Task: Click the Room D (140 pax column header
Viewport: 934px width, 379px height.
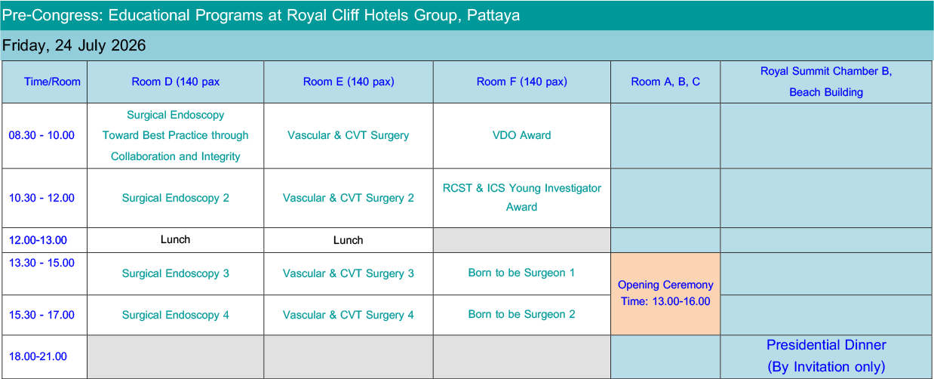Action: click(x=176, y=82)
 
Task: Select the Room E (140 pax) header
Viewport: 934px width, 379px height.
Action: click(x=349, y=82)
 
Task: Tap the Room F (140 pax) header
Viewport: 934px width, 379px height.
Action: click(x=521, y=82)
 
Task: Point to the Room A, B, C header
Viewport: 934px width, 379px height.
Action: click(x=665, y=82)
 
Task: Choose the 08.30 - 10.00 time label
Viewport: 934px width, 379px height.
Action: click(x=41, y=135)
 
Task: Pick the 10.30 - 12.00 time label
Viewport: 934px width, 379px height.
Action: click(x=41, y=198)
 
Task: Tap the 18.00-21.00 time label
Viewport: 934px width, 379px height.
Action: click(x=38, y=356)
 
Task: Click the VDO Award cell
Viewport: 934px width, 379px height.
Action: click(x=521, y=135)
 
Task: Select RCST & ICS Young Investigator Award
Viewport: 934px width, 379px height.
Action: click(x=521, y=198)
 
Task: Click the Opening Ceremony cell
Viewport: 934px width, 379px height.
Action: click(x=665, y=293)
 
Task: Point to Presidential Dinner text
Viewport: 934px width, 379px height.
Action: click(x=826, y=345)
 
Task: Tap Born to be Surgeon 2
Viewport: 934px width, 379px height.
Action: click(x=521, y=314)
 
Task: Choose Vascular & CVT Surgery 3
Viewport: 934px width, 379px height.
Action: click(x=348, y=273)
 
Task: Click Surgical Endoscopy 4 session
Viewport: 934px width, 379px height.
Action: click(x=176, y=315)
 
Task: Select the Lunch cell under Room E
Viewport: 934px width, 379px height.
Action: click(x=348, y=240)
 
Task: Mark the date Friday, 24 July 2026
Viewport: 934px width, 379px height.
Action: click(x=74, y=45)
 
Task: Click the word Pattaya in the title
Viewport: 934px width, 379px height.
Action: click(x=493, y=15)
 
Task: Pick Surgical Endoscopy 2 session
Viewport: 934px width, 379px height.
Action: click(x=176, y=198)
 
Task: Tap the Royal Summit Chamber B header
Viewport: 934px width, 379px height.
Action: click(x=826, y=72)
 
